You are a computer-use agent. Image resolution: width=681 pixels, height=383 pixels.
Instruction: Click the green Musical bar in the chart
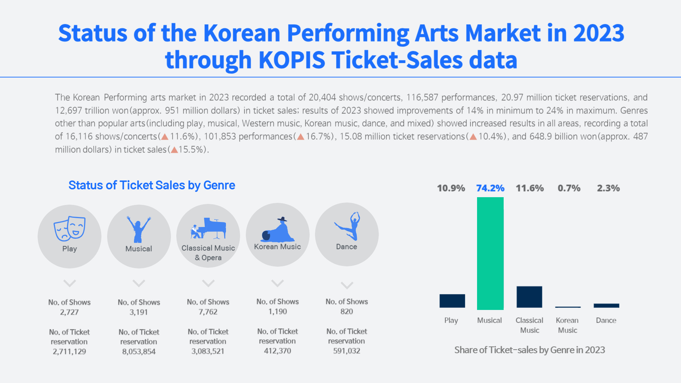click(x=490, y=253)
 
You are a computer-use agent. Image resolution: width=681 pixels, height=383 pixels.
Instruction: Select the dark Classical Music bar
click(x=529, y=297)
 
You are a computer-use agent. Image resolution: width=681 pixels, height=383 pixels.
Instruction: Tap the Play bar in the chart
click(x=452, y=301)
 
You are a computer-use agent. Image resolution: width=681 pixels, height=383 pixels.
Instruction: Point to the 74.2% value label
click(x=490, y=188)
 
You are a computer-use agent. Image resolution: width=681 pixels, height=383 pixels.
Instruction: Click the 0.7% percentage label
click(x=569, y=188)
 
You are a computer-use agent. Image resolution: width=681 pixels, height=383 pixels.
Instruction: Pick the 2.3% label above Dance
click(x=608, y=188)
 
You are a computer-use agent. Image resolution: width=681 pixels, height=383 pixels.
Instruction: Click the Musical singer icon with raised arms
click(x=139, y=229)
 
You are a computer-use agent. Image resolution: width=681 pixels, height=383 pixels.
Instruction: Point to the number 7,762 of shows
click(x=208, y=312)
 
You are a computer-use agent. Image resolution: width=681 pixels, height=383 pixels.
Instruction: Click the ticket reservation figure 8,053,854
click(x=139, y=351)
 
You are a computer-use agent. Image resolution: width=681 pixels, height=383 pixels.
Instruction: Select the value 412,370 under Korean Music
click(x=277, y=351)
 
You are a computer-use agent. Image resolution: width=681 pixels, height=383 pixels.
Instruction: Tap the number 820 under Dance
click(x=347, y=311)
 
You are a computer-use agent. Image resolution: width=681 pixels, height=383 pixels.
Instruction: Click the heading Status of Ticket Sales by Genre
click(x=151, y=185)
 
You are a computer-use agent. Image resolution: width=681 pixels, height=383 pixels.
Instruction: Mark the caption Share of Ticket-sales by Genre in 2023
click(x=530, y=350)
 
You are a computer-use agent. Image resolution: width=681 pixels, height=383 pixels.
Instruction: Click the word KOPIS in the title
click(x=292, y=60)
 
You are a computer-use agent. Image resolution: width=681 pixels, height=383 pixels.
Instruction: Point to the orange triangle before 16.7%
click(x=301, y=137)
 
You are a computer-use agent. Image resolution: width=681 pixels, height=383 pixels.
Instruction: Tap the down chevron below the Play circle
click(x=70, y=283)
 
